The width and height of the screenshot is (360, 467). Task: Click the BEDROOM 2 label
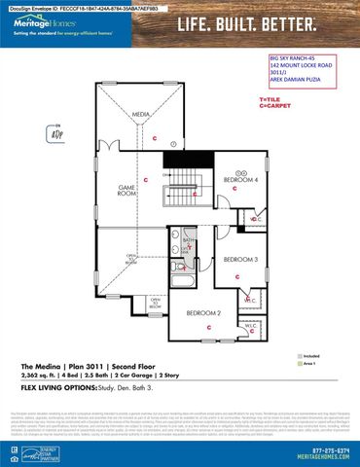pyautogui.click(x=205, y=312)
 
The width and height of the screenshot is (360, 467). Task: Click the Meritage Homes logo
pyautogui.click(x=41, y=22)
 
